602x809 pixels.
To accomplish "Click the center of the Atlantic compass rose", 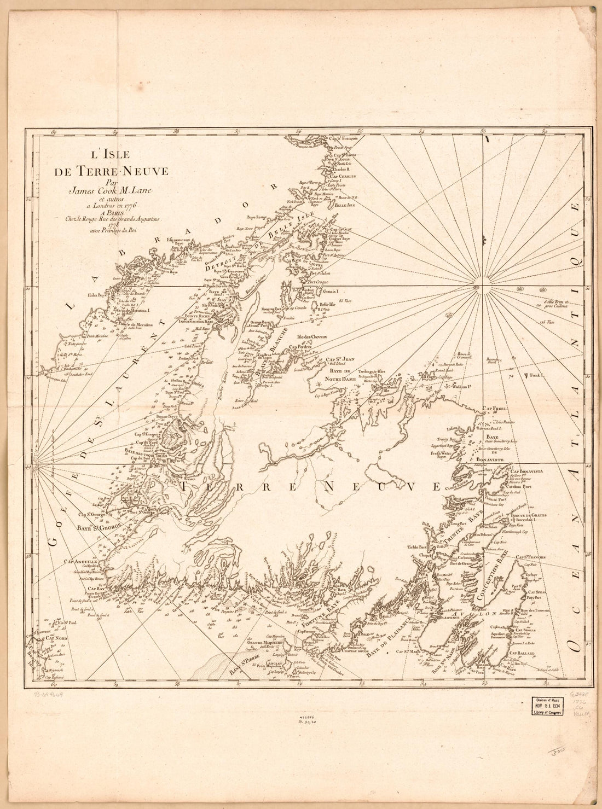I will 476,288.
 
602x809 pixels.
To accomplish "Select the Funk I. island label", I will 535,375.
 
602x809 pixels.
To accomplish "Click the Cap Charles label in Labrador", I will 341,176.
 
